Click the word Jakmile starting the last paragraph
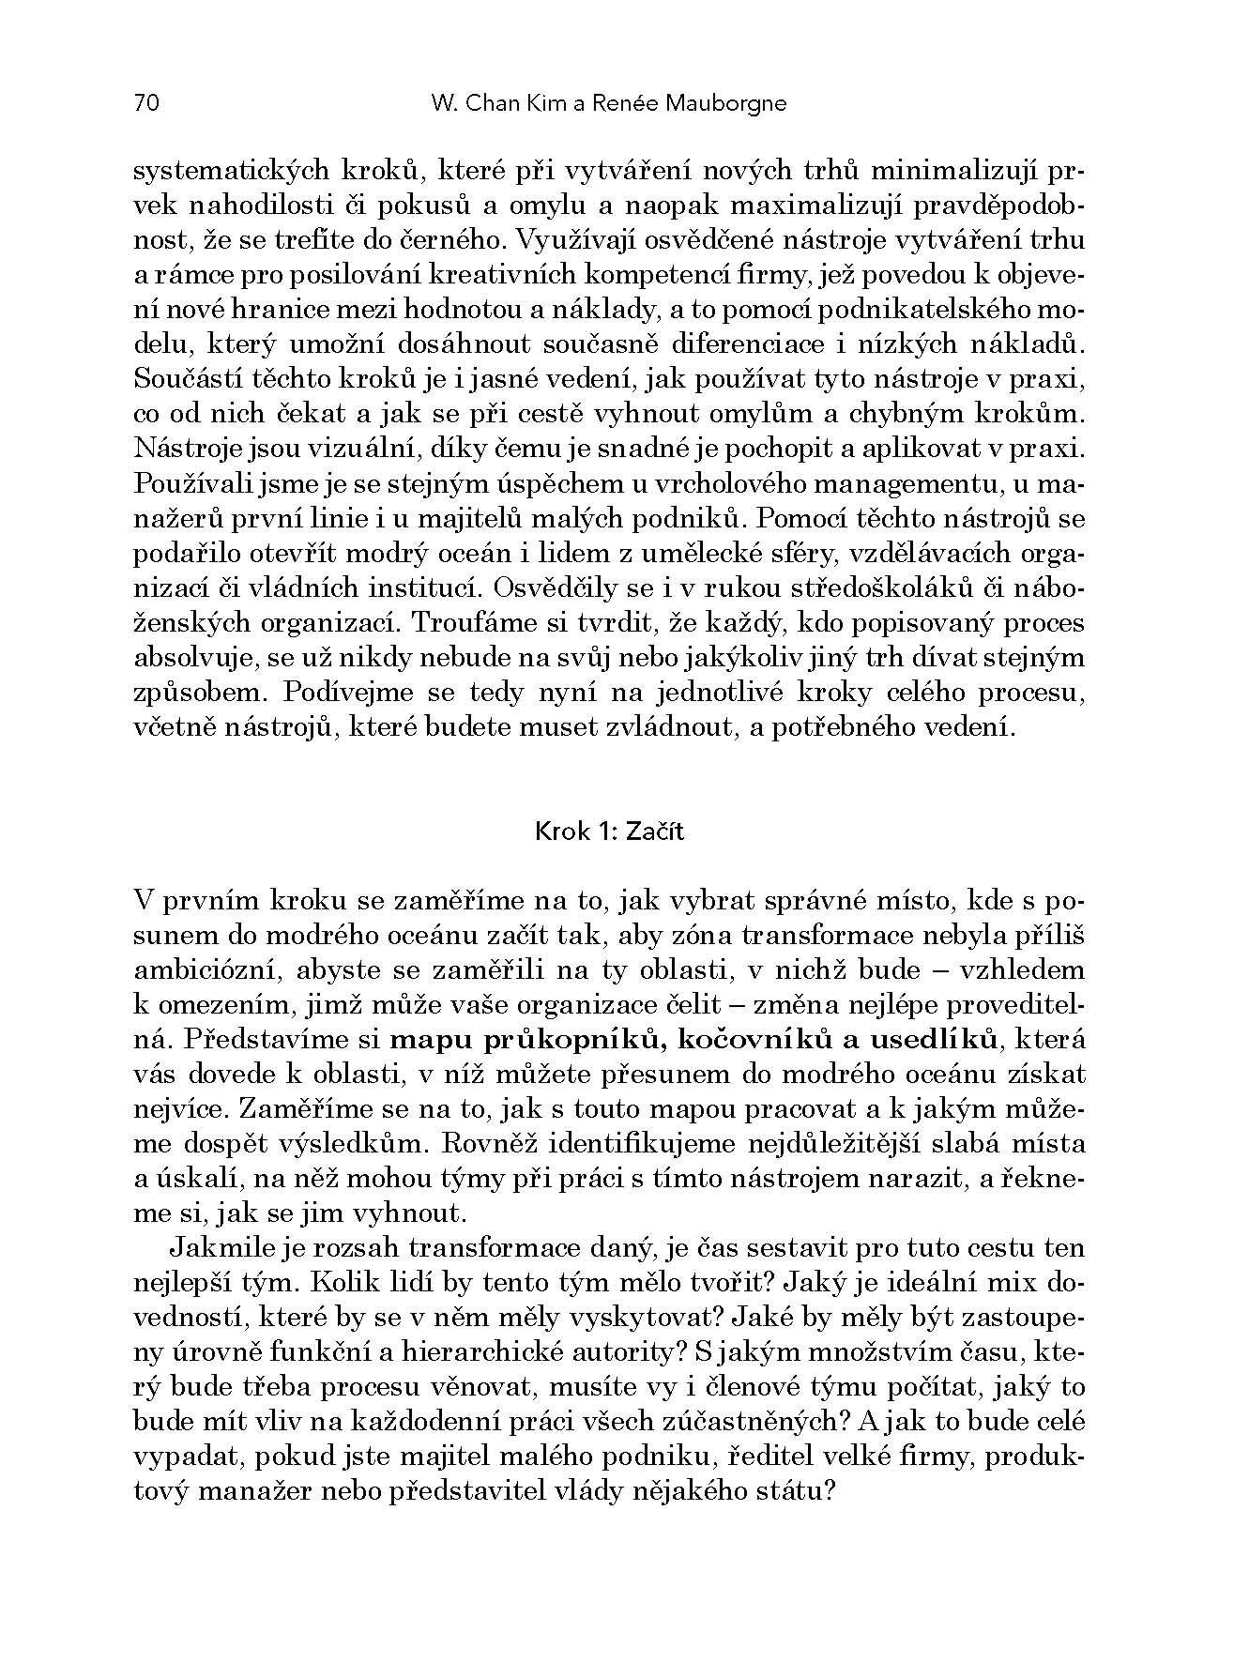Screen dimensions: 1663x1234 [223, 1248]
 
